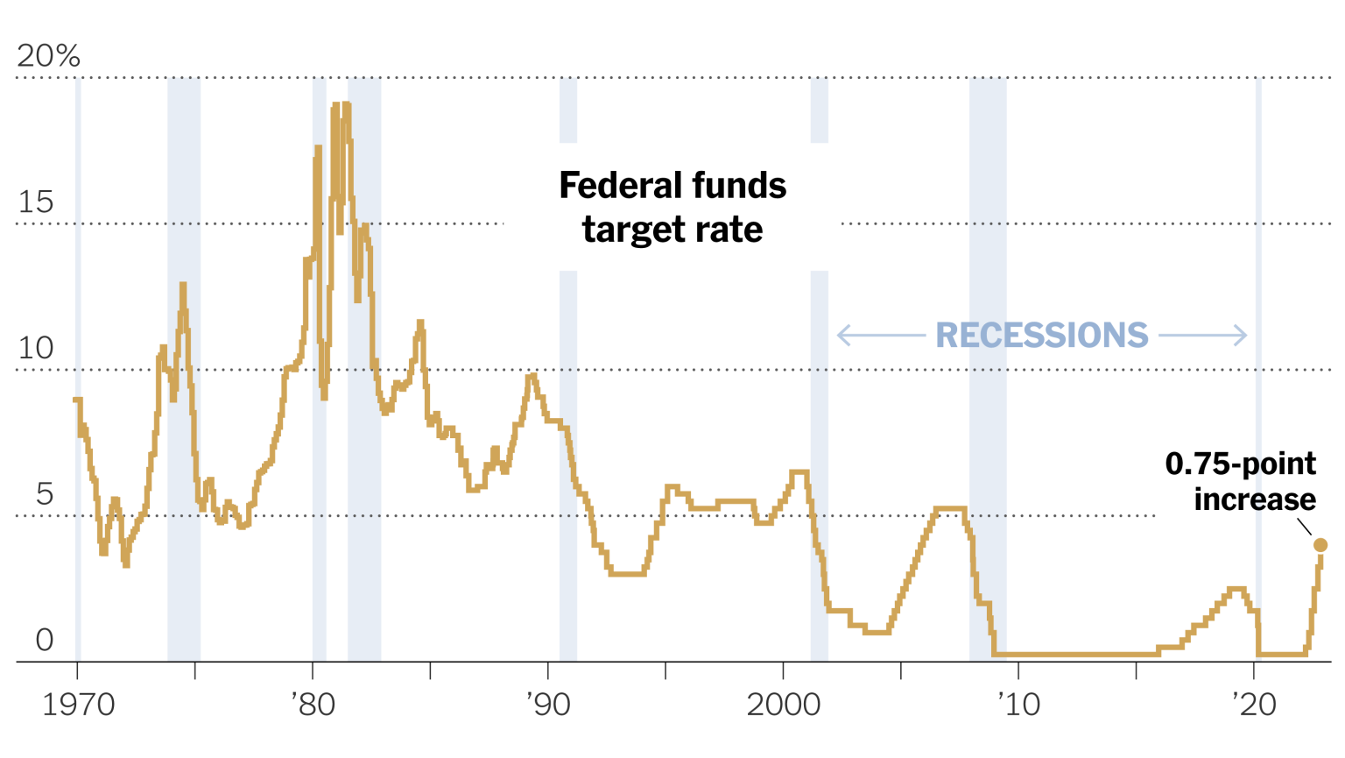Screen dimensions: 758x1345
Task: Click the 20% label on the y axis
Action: [48, 56]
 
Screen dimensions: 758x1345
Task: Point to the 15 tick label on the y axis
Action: [36, 202]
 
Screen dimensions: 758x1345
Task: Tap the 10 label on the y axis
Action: [36, 349]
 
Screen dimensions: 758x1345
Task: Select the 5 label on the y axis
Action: [45, 495]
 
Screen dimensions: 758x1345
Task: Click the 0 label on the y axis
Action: [45, 641]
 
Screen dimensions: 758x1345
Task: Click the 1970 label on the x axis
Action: [79, 705]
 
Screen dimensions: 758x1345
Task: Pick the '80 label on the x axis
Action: [313, 705]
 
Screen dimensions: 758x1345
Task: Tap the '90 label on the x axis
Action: [548, 705]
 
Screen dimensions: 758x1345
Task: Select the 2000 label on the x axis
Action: [784, 705]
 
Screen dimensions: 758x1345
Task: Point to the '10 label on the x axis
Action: [1018, 705]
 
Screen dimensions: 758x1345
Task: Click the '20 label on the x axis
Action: [1254, 705]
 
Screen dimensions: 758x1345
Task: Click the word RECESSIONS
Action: [1041, 336]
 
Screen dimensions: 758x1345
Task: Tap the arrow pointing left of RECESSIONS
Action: [880, 336]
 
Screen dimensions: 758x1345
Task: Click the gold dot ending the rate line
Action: [1320, 545]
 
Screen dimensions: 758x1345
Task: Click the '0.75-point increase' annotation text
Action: [1240, 481]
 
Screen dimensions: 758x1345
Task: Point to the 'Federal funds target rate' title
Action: [672, 208]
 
